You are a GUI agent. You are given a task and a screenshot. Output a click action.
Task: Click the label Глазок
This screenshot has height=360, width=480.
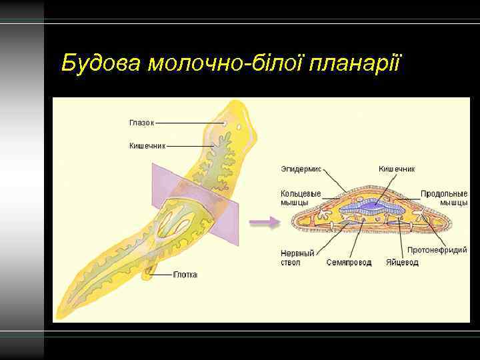pyautogui.click(x=141, y=123)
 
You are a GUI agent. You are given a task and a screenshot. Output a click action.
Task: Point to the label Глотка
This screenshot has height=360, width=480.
pyautogui.click(x=185, y=275)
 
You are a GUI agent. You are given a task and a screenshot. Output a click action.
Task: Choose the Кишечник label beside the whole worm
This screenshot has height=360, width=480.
pyautogui.click(x=147, y=145)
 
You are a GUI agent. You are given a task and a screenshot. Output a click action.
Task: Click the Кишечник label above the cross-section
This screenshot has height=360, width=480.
pyautogui.click(x=397, y=169)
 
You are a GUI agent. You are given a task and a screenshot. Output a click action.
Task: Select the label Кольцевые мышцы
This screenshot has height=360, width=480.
pyautogui.click(x=300, y=198)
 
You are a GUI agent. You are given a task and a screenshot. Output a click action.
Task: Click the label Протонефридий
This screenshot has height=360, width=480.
pyautogui.click(x=437, y=250)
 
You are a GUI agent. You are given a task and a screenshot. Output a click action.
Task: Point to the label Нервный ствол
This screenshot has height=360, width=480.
pyautogui.click(x=297, y=258)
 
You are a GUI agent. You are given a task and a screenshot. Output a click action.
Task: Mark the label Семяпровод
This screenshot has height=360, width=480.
pyautogui.click(x=349, y=263)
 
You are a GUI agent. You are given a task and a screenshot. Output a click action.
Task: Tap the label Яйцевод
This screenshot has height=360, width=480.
pyautogui.click(x=402, y=263)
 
